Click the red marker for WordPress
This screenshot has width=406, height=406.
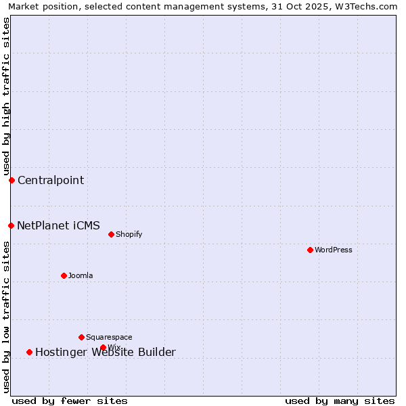point(310,250)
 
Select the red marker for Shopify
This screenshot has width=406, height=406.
point(111,234)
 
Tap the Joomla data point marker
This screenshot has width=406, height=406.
point(64,275)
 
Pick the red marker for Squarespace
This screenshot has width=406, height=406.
point(81,337)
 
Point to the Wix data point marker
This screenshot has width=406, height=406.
point(103,347)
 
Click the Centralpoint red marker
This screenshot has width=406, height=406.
point(12,180)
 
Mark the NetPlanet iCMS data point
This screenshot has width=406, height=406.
point(11,225)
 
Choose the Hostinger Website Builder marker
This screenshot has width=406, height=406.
point(29,352)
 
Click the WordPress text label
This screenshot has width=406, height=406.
point(334,250)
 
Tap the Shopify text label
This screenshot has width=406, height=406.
point(129,234)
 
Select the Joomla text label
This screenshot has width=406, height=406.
point(81,275)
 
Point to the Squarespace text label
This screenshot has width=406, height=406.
point(109,337)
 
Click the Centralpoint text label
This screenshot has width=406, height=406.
point(51,180)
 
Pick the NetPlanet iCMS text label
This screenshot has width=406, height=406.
point(58,225)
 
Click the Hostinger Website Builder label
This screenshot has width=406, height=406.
point(106,352)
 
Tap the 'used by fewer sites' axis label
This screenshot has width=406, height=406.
point(70,401)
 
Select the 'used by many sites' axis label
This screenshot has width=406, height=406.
point(340,401)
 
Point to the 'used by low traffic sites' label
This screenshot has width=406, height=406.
point(6,317)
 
